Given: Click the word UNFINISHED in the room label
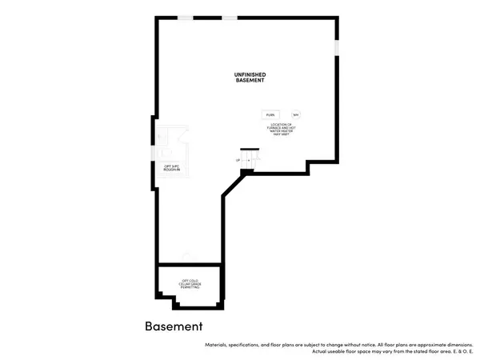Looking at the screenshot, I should pyautogui.click(x=250, y=74).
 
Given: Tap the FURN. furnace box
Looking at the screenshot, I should pyautogui.click(x=270, y=114).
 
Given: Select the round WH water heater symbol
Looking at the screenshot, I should pyautogui.click(x=295, y=114).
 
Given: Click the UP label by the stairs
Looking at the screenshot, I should pyautogui.click(x=238, y=161).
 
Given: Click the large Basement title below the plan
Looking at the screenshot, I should pyautogui.click(x=174, y=326).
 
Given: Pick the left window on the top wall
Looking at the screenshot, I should pyautogui.click(x=186, y=18).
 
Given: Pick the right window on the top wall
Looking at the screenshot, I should pyautogui.click(x=230, y=18).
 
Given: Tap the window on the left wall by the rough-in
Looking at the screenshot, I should pyautogui.click(x=157, y=131).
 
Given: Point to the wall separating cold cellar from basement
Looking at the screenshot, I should pyautogui.click(x=190, y=264).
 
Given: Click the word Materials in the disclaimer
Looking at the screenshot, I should pyautogui.click(x=220, y=344).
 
